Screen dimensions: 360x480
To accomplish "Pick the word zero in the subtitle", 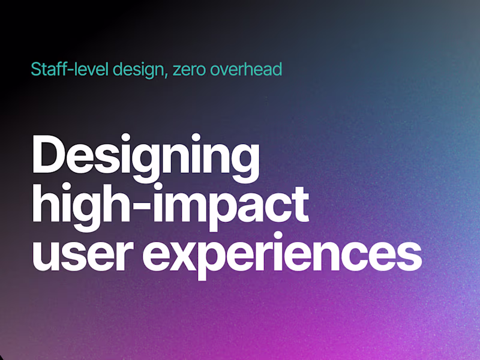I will coord(188,70).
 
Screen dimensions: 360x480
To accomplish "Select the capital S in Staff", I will coord(36,70).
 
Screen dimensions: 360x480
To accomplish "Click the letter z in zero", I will coord(176,71).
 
